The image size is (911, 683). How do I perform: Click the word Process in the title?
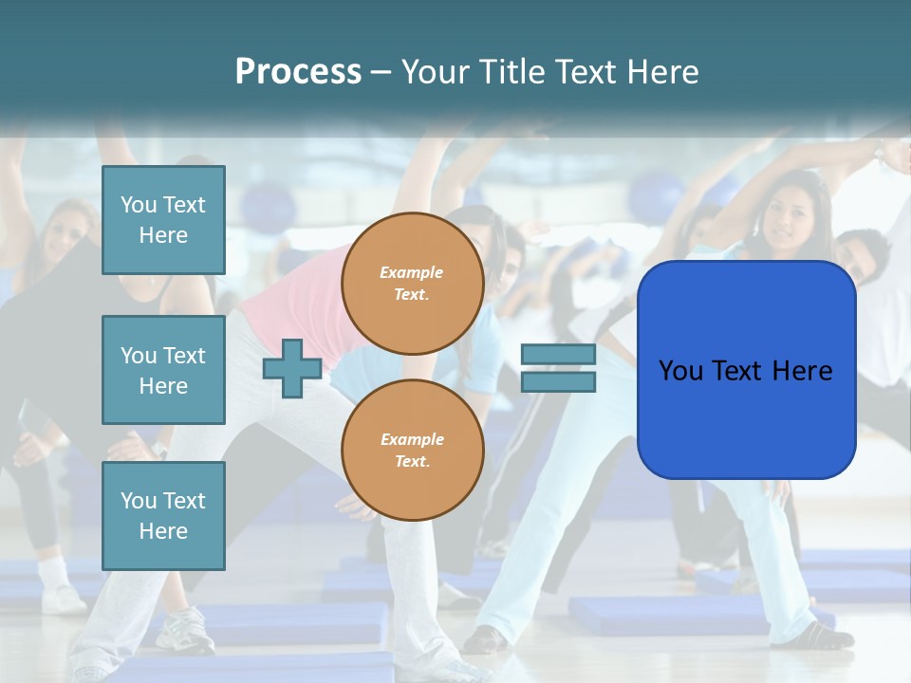click(x=298, y=72)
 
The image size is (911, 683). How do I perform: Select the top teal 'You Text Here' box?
click(x=163, y=220)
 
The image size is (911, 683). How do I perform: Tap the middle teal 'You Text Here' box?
click(x=163, y=370)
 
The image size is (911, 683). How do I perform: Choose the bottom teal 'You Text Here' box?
click(x=163, y=516)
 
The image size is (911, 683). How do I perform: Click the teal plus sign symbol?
click(x=291, y=369)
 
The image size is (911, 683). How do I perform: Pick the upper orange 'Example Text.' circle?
click(x=412, y=284)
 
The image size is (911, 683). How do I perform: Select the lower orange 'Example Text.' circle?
click(x=412, y=451)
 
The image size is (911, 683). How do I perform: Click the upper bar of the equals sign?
click(x=558, y=355)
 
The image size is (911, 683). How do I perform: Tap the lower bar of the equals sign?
click(x=558, y=382)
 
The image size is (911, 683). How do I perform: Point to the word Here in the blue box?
click(x=802, y=371)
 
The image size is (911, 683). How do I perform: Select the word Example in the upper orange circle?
click(x=412, y=272)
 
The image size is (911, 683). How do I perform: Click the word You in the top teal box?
click(x=138, y=205)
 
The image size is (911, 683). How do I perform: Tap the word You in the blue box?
click(x=680, y=371)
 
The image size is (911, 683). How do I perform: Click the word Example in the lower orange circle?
click(x=412, y=439)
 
